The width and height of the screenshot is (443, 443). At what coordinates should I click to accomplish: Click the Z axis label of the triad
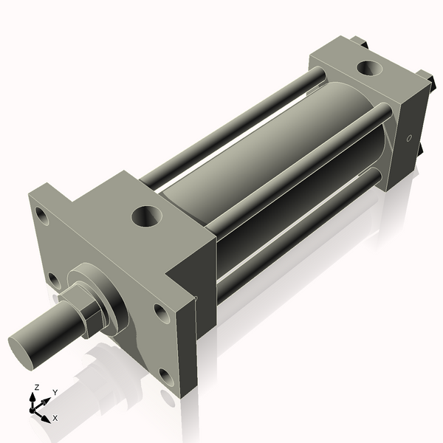[37, 387]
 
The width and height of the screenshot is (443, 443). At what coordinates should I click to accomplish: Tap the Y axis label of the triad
[55, 392]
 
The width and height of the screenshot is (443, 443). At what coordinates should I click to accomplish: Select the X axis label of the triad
[55, 418]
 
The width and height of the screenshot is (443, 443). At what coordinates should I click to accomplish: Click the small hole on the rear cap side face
[408, 138]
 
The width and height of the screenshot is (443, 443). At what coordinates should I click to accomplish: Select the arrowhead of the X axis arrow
[47, 417]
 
